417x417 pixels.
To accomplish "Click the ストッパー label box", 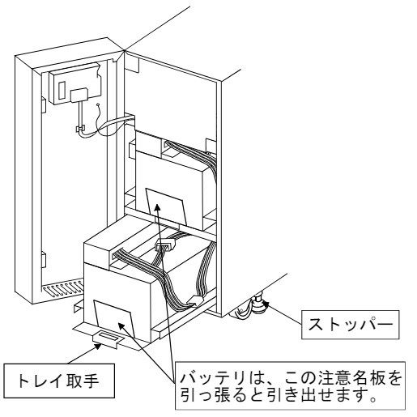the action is click(x=350, y=325).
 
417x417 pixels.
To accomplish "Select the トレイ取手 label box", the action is click(x=59, y=381).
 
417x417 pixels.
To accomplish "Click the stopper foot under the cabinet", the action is click(x=258, y=304).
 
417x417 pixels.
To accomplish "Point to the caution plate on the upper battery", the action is click(x=166, y=206).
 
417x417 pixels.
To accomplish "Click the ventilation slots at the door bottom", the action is click(x=62, y=288).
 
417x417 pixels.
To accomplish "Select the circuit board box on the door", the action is click(x=74, y=83).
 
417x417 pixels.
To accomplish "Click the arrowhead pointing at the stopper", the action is click(x=266, y=305).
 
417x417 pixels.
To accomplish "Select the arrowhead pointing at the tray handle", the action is click(x=97, y=346).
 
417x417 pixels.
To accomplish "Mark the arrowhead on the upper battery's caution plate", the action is click(x=157, y=208).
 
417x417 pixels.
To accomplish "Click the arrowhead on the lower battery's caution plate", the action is click(x=121, y=326).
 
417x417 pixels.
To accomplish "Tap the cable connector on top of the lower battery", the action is click(x=165, y=245).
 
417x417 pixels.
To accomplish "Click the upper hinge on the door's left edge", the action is click(x=43, y=105).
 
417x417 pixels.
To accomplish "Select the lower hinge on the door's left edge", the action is click(x=43, y=259).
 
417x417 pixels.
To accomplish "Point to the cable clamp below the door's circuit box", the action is click(x=80, y=129).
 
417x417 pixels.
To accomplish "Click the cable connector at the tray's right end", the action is click(x=195, y=300).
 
